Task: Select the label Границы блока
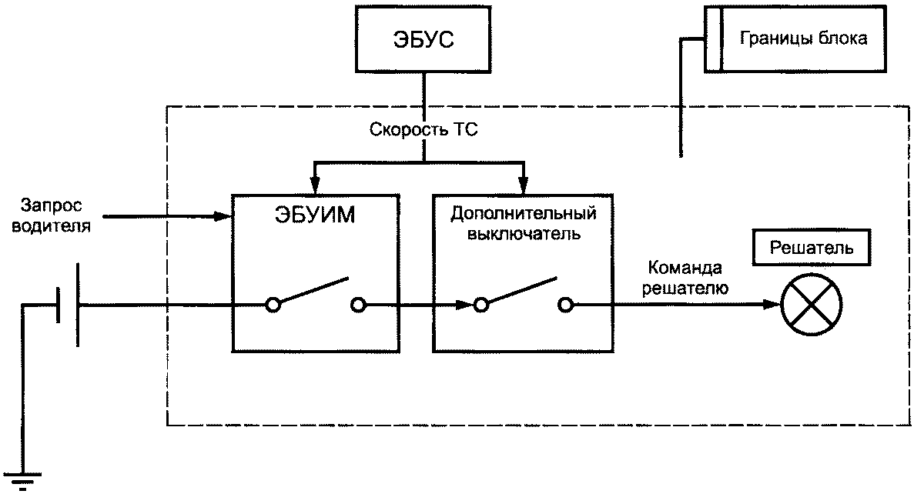803,38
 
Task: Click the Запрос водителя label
51,216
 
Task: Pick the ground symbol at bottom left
24,478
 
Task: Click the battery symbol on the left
69,305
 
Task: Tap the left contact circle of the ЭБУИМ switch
273,305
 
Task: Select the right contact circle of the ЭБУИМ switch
357,305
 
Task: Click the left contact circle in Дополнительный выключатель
480,305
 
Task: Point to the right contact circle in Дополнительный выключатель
566,305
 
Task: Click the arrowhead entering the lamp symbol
772,305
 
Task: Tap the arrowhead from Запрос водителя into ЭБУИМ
225,216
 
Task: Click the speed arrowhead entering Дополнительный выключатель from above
524,185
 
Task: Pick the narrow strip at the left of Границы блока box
713,39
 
